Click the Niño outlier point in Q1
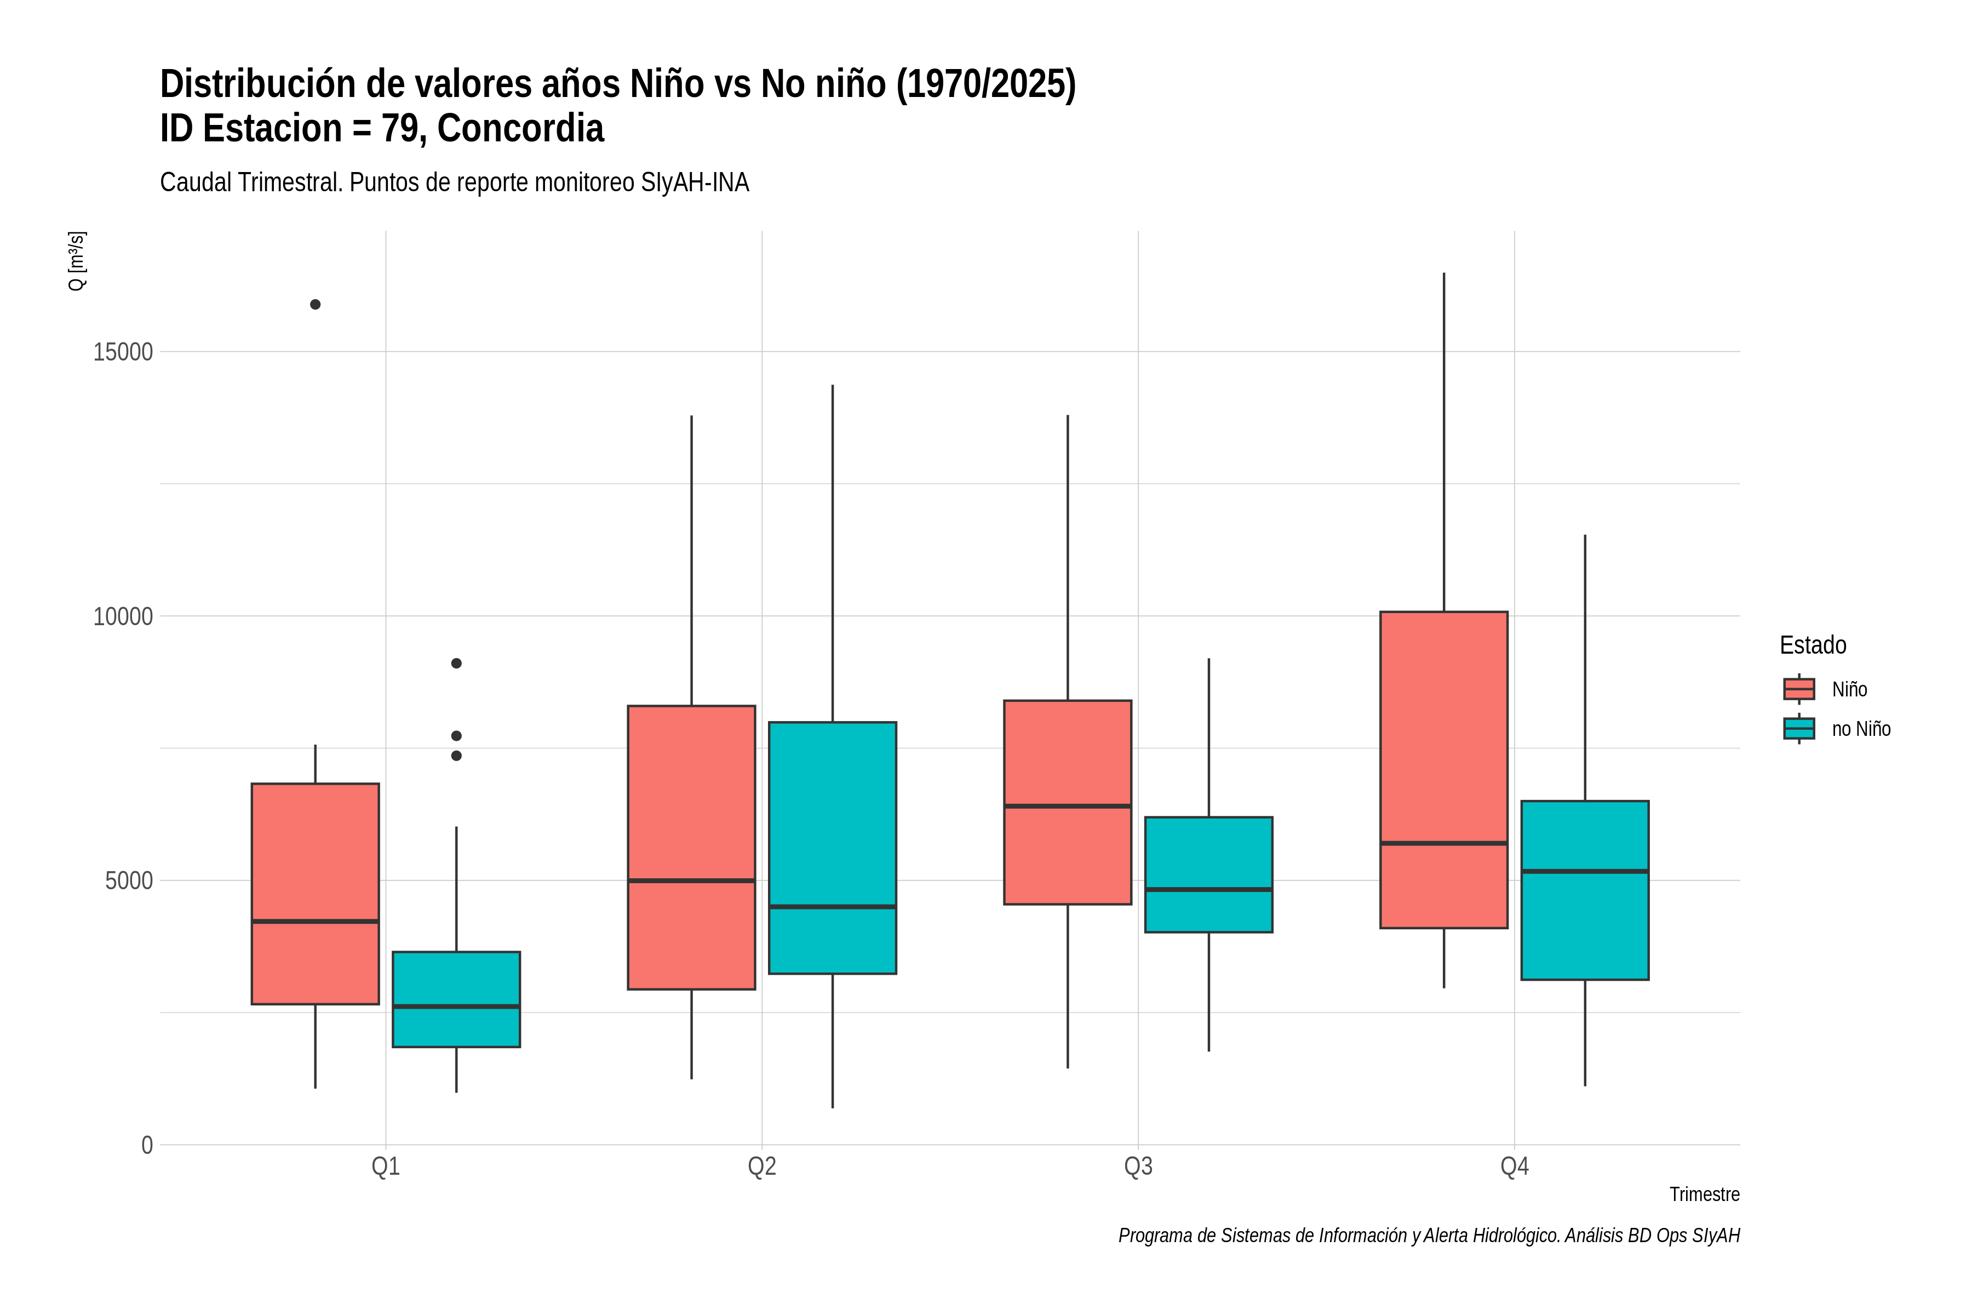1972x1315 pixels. [316, 305]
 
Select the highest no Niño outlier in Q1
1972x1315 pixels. [456, 664]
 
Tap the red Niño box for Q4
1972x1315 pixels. [1444, 770]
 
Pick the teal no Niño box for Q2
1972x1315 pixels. [833, 848]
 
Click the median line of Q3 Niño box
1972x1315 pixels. [1067, 806]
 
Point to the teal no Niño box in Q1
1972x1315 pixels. [456, 999]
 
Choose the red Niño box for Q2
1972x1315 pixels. [692, 848]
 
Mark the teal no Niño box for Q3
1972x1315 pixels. [1209, 874]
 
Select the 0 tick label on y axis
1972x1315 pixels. [147, 1146]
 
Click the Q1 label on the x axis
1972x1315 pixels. [386, 1167]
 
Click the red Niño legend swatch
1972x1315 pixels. [1799, 689]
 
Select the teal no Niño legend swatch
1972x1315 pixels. [1799, 729]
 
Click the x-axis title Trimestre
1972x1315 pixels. [1705, 1194]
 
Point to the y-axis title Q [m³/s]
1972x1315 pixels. [76, 261]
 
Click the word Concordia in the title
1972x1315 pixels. [521, 128]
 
